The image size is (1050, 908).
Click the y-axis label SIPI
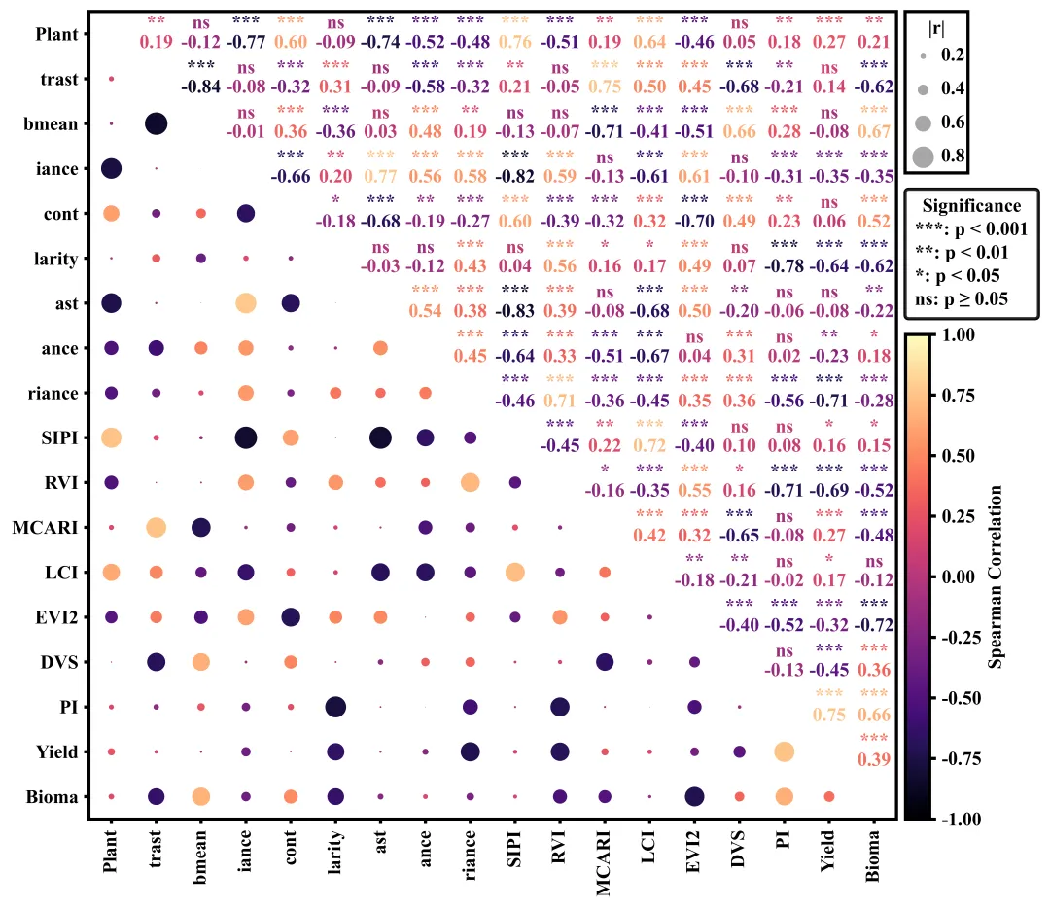[61, 437]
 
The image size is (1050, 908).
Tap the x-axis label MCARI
[605, 859]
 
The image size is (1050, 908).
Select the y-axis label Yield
[57, 751]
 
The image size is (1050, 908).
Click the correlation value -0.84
[200, 86]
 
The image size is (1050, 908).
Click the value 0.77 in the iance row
[380, 176]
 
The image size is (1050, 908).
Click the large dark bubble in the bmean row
[156, 123]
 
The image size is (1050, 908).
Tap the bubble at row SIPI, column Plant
[111, 437]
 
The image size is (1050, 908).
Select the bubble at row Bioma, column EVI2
[694, 796]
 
